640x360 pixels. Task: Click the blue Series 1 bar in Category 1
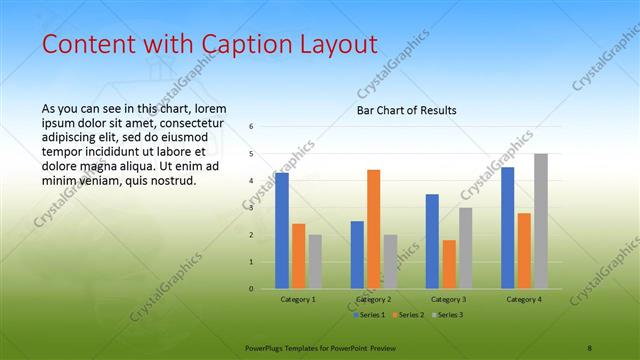pos(282,231)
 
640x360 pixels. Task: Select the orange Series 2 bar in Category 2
pos(373,229)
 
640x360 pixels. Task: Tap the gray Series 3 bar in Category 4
pos(540,221)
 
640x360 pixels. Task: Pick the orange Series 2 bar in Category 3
pos(449,264)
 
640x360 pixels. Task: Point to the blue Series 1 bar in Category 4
pos(508,228)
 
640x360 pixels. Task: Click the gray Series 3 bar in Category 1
pos(315,262)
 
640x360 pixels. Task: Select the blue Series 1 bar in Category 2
pos(357,255)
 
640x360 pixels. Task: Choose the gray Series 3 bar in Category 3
pos(465,248)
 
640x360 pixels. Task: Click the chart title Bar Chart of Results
pos(407,110)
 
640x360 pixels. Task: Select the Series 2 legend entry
pos(410,315)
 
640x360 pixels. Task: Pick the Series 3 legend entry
pos(448,315)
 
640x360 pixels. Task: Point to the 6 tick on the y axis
pos(252,127)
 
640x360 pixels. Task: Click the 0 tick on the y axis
pos(252,289)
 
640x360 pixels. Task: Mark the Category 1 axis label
pos(298,299)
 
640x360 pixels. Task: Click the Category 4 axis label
pos(524,299)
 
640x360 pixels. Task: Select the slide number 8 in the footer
pos(590,347)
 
